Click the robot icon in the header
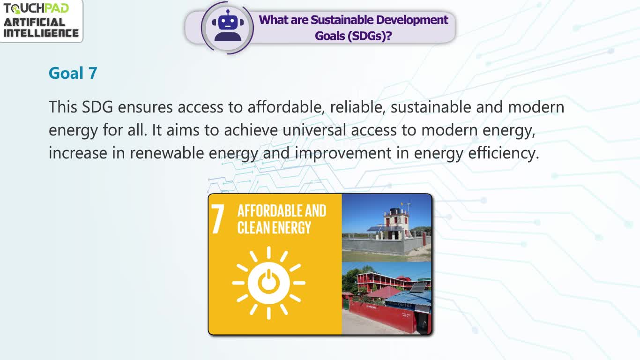tap(228, 26)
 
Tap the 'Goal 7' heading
tap(73, 73)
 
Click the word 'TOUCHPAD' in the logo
tap(36, 8)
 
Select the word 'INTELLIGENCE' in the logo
tap(41, 33)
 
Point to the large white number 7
tap(217, 219)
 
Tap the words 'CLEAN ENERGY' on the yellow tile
tap(274, 228)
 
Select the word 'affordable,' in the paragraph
tap(286, 107)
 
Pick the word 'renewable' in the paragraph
tap(167, 153)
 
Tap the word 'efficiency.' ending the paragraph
tap(504, 153)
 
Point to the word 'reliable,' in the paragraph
tap(357, 107)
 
